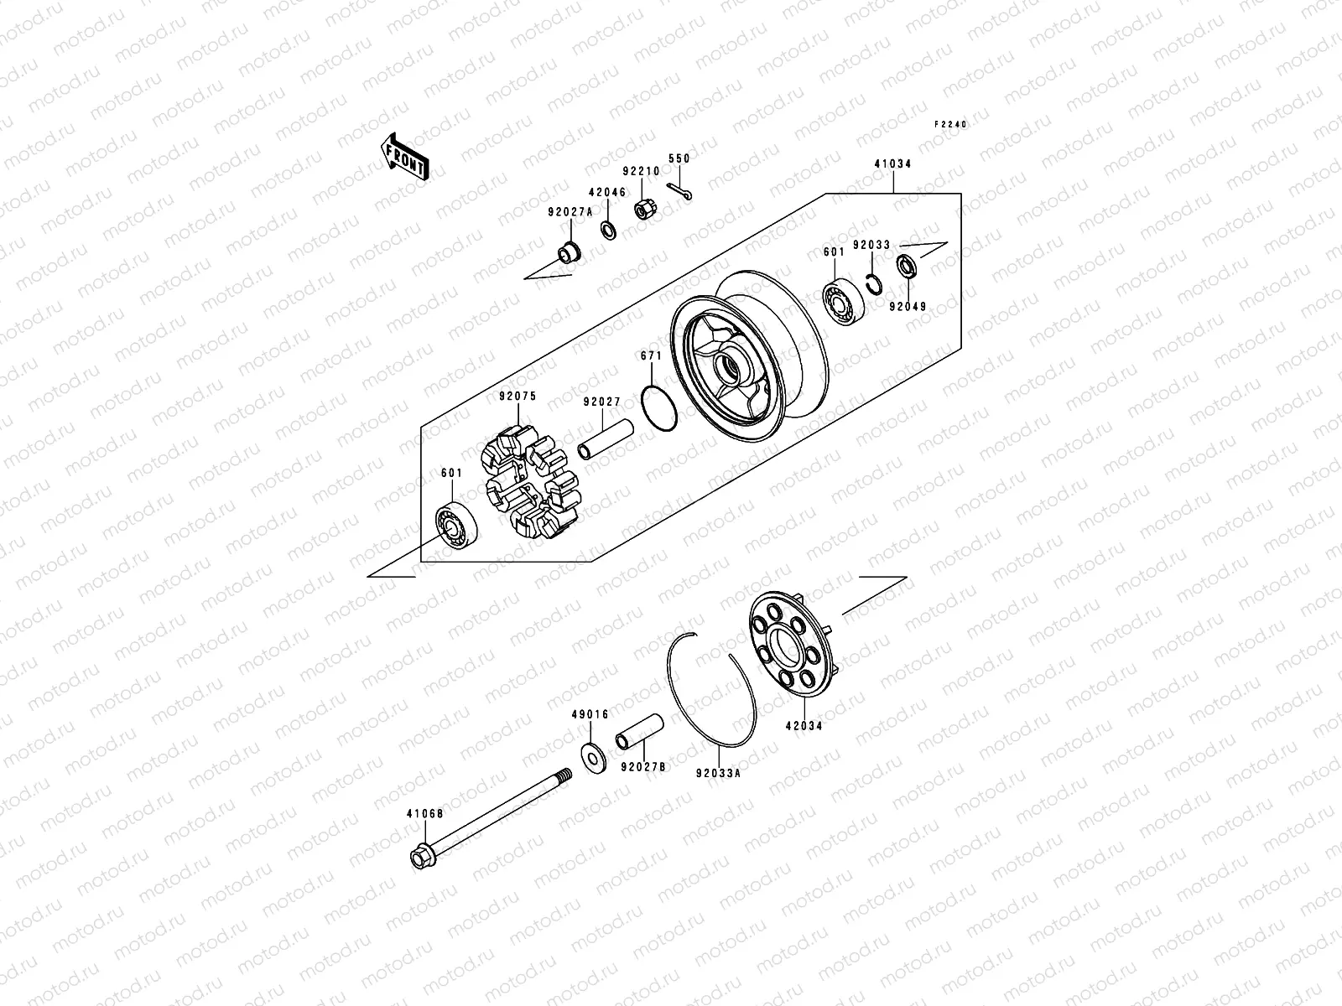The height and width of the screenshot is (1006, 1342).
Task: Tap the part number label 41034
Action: tap(892, 164)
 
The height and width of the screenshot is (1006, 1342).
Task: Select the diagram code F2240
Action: tap(951, 124)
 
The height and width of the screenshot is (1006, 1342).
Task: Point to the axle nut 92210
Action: tap(645, 210)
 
